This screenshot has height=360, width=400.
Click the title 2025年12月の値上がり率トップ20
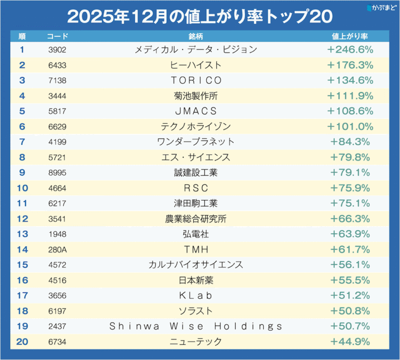[199, 16]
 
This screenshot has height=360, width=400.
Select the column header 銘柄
[196, 37]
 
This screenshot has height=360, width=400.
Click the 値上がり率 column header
[350, 37]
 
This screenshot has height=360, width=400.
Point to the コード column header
[57, 37]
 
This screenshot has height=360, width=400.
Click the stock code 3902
[57, 50]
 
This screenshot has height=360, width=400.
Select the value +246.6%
[350, 50]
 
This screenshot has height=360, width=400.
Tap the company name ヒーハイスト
[196, 65]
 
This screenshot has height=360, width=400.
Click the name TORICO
[196, 81]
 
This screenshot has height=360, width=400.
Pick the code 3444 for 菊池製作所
[57, 96]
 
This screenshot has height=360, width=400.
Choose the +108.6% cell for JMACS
[350, 111]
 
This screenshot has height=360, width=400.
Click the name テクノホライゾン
[196, 126]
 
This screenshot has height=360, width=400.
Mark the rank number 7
[22, 142]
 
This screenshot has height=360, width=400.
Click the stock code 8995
[57, 173]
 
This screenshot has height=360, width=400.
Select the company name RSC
[196, 188]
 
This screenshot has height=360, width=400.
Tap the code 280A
[57, 249]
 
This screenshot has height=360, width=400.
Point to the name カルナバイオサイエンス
[196, 265]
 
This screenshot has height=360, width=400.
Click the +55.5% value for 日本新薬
[350, 280]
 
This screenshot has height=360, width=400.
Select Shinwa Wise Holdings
[196, 326]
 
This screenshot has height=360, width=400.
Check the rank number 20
[22, 342]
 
